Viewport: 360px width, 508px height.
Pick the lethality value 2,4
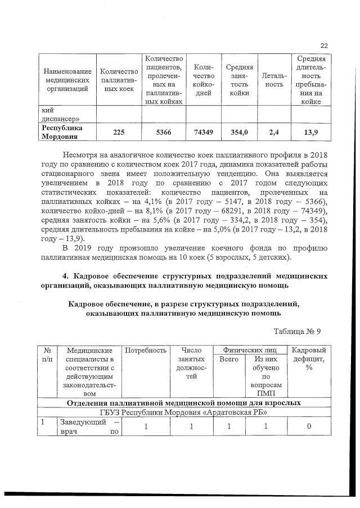(x=274, y=133)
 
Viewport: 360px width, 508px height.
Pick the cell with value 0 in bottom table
(x=309, y=427)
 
